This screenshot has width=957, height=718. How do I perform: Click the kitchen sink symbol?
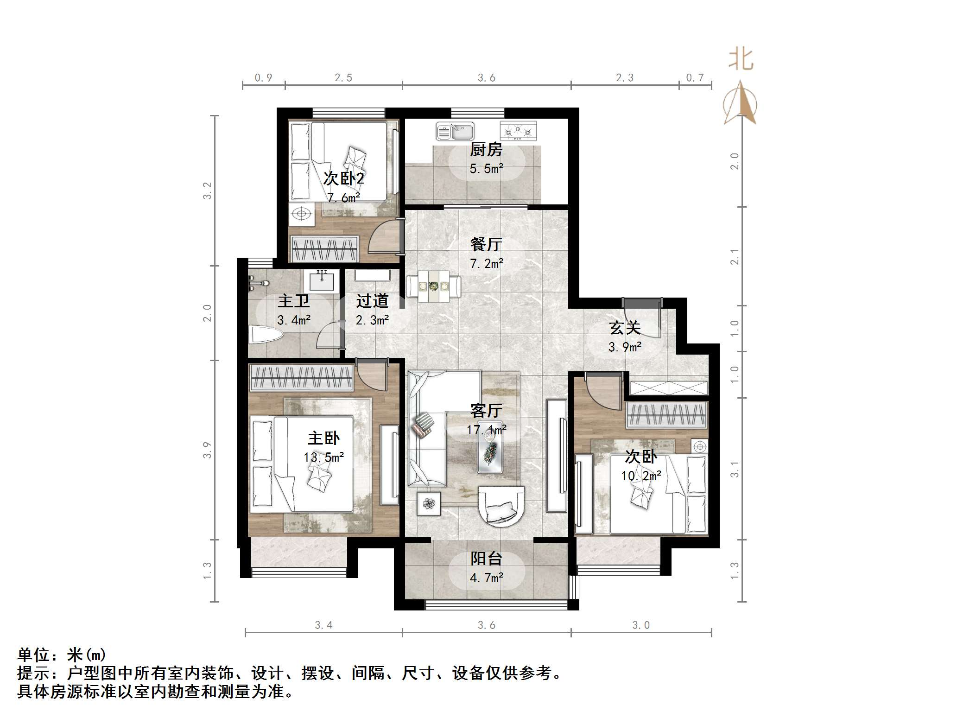coord(455,131)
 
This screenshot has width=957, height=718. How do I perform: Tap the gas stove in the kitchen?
coord(518,131)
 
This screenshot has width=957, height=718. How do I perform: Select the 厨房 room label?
coord(486,150)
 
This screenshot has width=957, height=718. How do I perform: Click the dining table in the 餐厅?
coord(433,286)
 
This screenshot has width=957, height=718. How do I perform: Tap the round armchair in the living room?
coord(501,506)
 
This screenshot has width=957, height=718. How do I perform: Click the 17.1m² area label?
coord(486,430)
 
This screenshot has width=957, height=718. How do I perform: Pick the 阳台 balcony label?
coord(486,559)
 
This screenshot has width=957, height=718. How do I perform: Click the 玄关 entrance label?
coord(625,328)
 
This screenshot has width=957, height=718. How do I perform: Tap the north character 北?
coord(741,60)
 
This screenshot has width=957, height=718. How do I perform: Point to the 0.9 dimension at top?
coord(263,78)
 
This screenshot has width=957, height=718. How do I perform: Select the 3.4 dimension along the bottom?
coord(323,625)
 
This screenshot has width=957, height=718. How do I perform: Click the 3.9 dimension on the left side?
coord(207,450)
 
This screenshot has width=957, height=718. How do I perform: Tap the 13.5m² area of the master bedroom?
coord(323,457)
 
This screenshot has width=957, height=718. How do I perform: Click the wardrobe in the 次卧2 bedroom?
coord(324,248)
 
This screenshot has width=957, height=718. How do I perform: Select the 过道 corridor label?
coord(372,301)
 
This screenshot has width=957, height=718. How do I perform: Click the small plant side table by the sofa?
coord(428,503)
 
